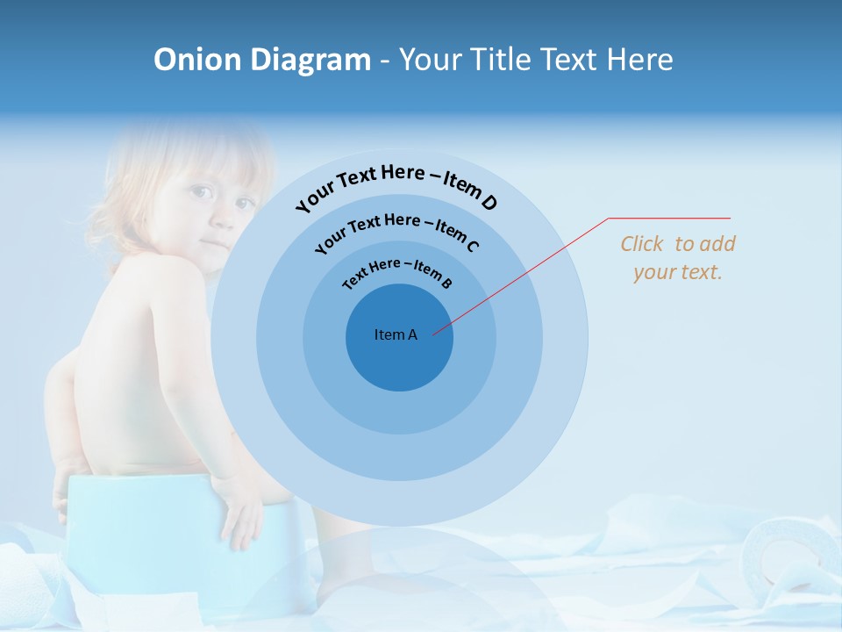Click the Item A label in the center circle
click(x=396, y=334)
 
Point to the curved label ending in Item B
click(x=396, y=272)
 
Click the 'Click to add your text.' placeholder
click(x=678, y=257)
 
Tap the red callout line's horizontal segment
click(x=669, y=218)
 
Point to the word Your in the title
click(x=432, y=60)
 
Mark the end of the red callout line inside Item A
click(x=434, y=334)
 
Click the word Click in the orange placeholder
click(x=643, y=244)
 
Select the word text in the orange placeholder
click(x=702, y=272)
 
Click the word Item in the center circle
click(x=389, y=334)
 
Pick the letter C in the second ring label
click(x=472, y=246)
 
